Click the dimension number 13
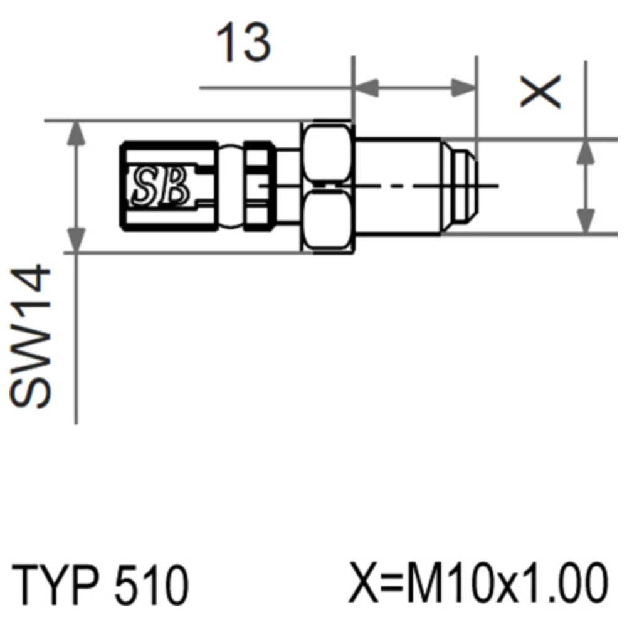coord(243,42)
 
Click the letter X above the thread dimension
coord(540,92)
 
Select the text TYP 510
coord(100,583)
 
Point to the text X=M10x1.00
coord(478,582)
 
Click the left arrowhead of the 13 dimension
coord(366,88)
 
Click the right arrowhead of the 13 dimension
coord(464,88)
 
